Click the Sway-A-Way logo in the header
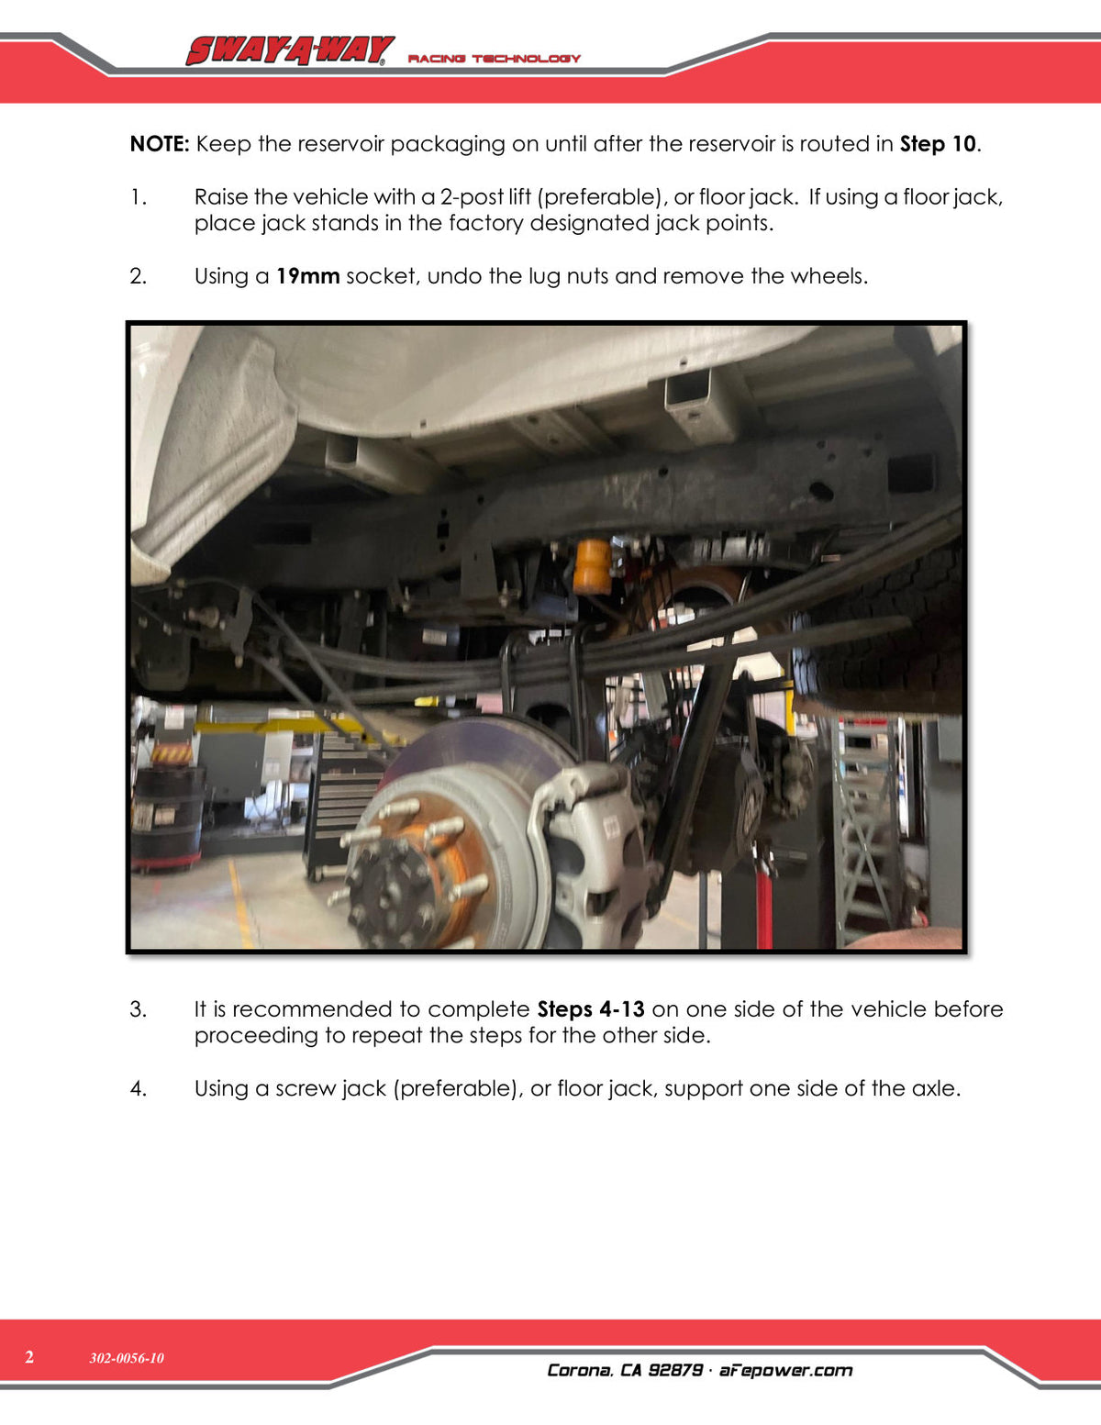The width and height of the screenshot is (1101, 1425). pyautogui.click(x=289, y=50)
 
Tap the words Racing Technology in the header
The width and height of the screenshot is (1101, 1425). pyautogui.click(x=495, y=59)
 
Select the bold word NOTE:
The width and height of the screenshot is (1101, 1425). pyautogui.click(x=160, y=144)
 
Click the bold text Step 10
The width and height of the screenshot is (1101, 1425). pyautogui.click(x=938, y=144)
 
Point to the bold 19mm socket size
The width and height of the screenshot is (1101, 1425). pyautogui.click(x=307, y=276)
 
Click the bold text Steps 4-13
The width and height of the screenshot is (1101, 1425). pyautogui.click(x=591, y=1009)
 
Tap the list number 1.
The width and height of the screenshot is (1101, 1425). pyautogui.click(x=138, y=196)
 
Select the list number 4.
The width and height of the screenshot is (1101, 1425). pyautogui.click(x=138, y=1088)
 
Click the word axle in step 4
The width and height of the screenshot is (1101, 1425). pyautogui.click(x=936, y=1088)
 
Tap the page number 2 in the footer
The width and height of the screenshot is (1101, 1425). pyautogui.click(x=29, y=1357)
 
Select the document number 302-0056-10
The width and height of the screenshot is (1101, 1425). pyautogui.click(x=127, y=1357)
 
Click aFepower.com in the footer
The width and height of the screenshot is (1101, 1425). pyautogui.click(x=785, y=1370)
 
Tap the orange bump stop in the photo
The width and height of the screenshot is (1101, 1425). pyautogui.click(x=592, y=566)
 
